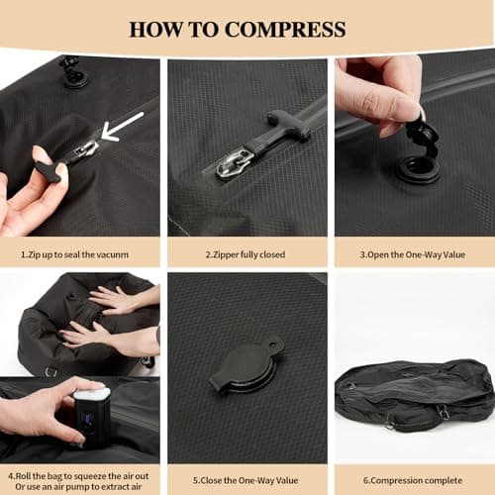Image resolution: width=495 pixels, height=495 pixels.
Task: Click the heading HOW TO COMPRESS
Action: click(x=247, y=28)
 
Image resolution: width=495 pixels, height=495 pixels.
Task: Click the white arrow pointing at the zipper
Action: click(x=123, y=126)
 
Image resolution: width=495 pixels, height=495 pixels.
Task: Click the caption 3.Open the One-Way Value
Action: click(x=414, y=254)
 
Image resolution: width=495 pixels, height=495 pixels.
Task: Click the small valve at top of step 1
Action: click(x=72, y=71)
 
